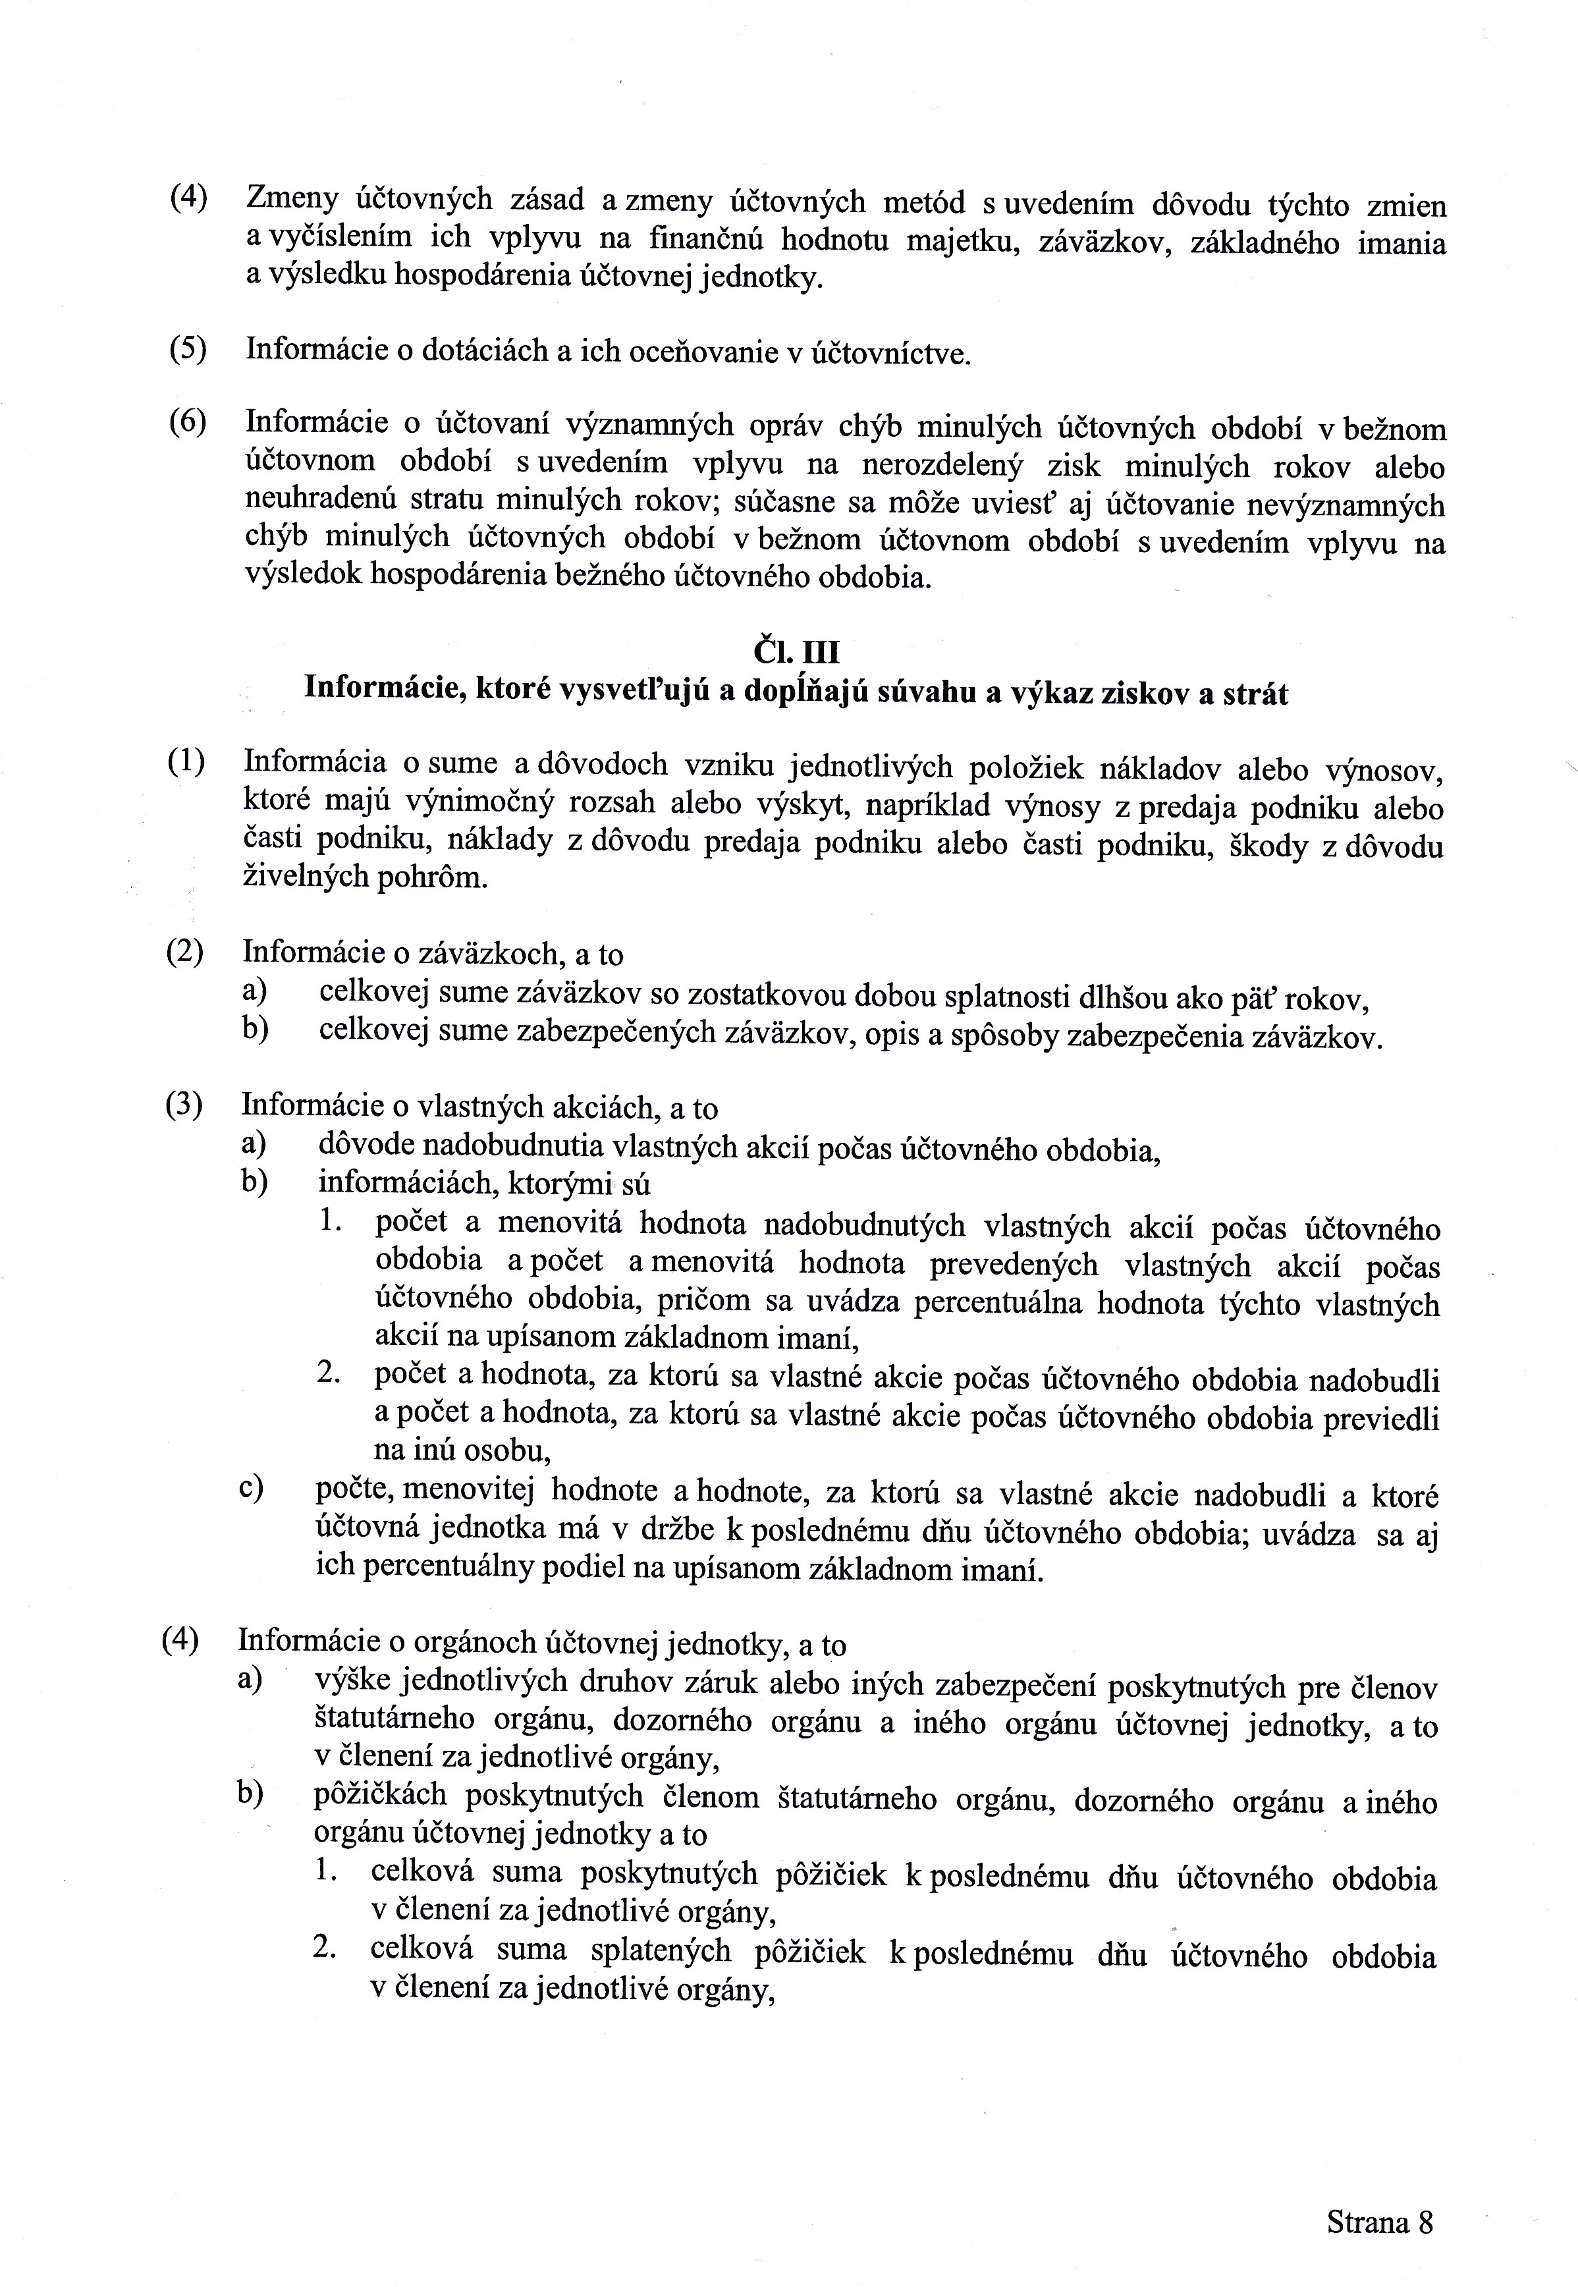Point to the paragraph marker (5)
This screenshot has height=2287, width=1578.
187,349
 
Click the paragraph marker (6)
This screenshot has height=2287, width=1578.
187,422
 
